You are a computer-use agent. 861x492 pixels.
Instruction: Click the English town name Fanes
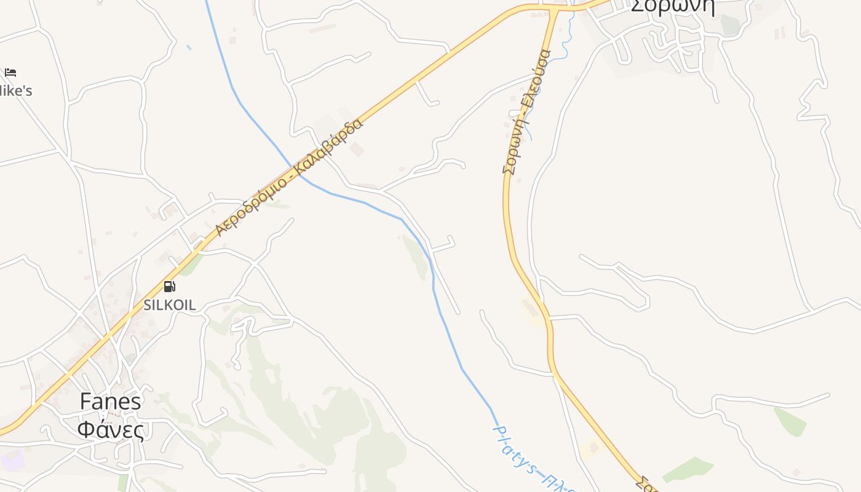click(111, 402)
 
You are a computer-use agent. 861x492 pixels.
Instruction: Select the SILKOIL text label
click(170, 304)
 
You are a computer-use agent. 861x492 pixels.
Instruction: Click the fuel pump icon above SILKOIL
click(169, 287)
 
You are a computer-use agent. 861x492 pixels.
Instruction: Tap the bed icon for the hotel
click(10, 73)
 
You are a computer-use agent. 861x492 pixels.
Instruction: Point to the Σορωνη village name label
click(673, 6)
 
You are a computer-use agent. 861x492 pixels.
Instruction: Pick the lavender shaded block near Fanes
click(12, 460)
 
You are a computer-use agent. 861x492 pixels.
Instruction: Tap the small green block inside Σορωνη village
click(730, 25)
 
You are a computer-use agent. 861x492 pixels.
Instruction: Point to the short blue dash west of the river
click(189, 47)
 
